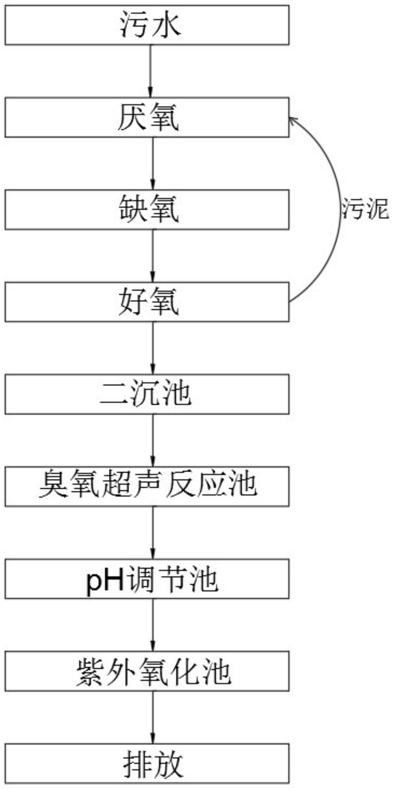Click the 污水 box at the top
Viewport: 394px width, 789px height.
(x=147, y=25)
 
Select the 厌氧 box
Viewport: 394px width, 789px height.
(x=147, y=118)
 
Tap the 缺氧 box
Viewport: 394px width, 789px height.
(x=147, y=210)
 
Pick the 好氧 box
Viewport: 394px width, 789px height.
(x=147, y=302)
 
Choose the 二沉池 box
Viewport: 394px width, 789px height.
(x=147, y=394)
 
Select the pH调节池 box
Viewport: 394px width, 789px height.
(x=147, y=579)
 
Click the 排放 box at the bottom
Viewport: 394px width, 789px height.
(x=147, y=763)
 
